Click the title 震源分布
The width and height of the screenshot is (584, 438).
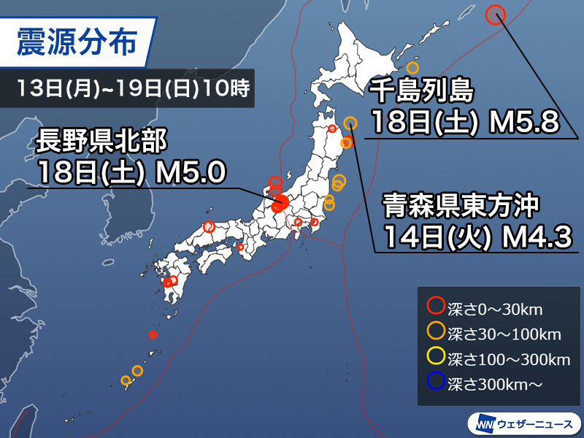[77, 43]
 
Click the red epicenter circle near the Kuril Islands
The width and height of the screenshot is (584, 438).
[496, 15]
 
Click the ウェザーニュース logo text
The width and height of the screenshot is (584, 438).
[536, 423]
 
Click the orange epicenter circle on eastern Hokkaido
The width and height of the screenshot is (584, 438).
[412, 69]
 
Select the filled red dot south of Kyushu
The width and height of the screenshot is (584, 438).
[153, 335]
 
